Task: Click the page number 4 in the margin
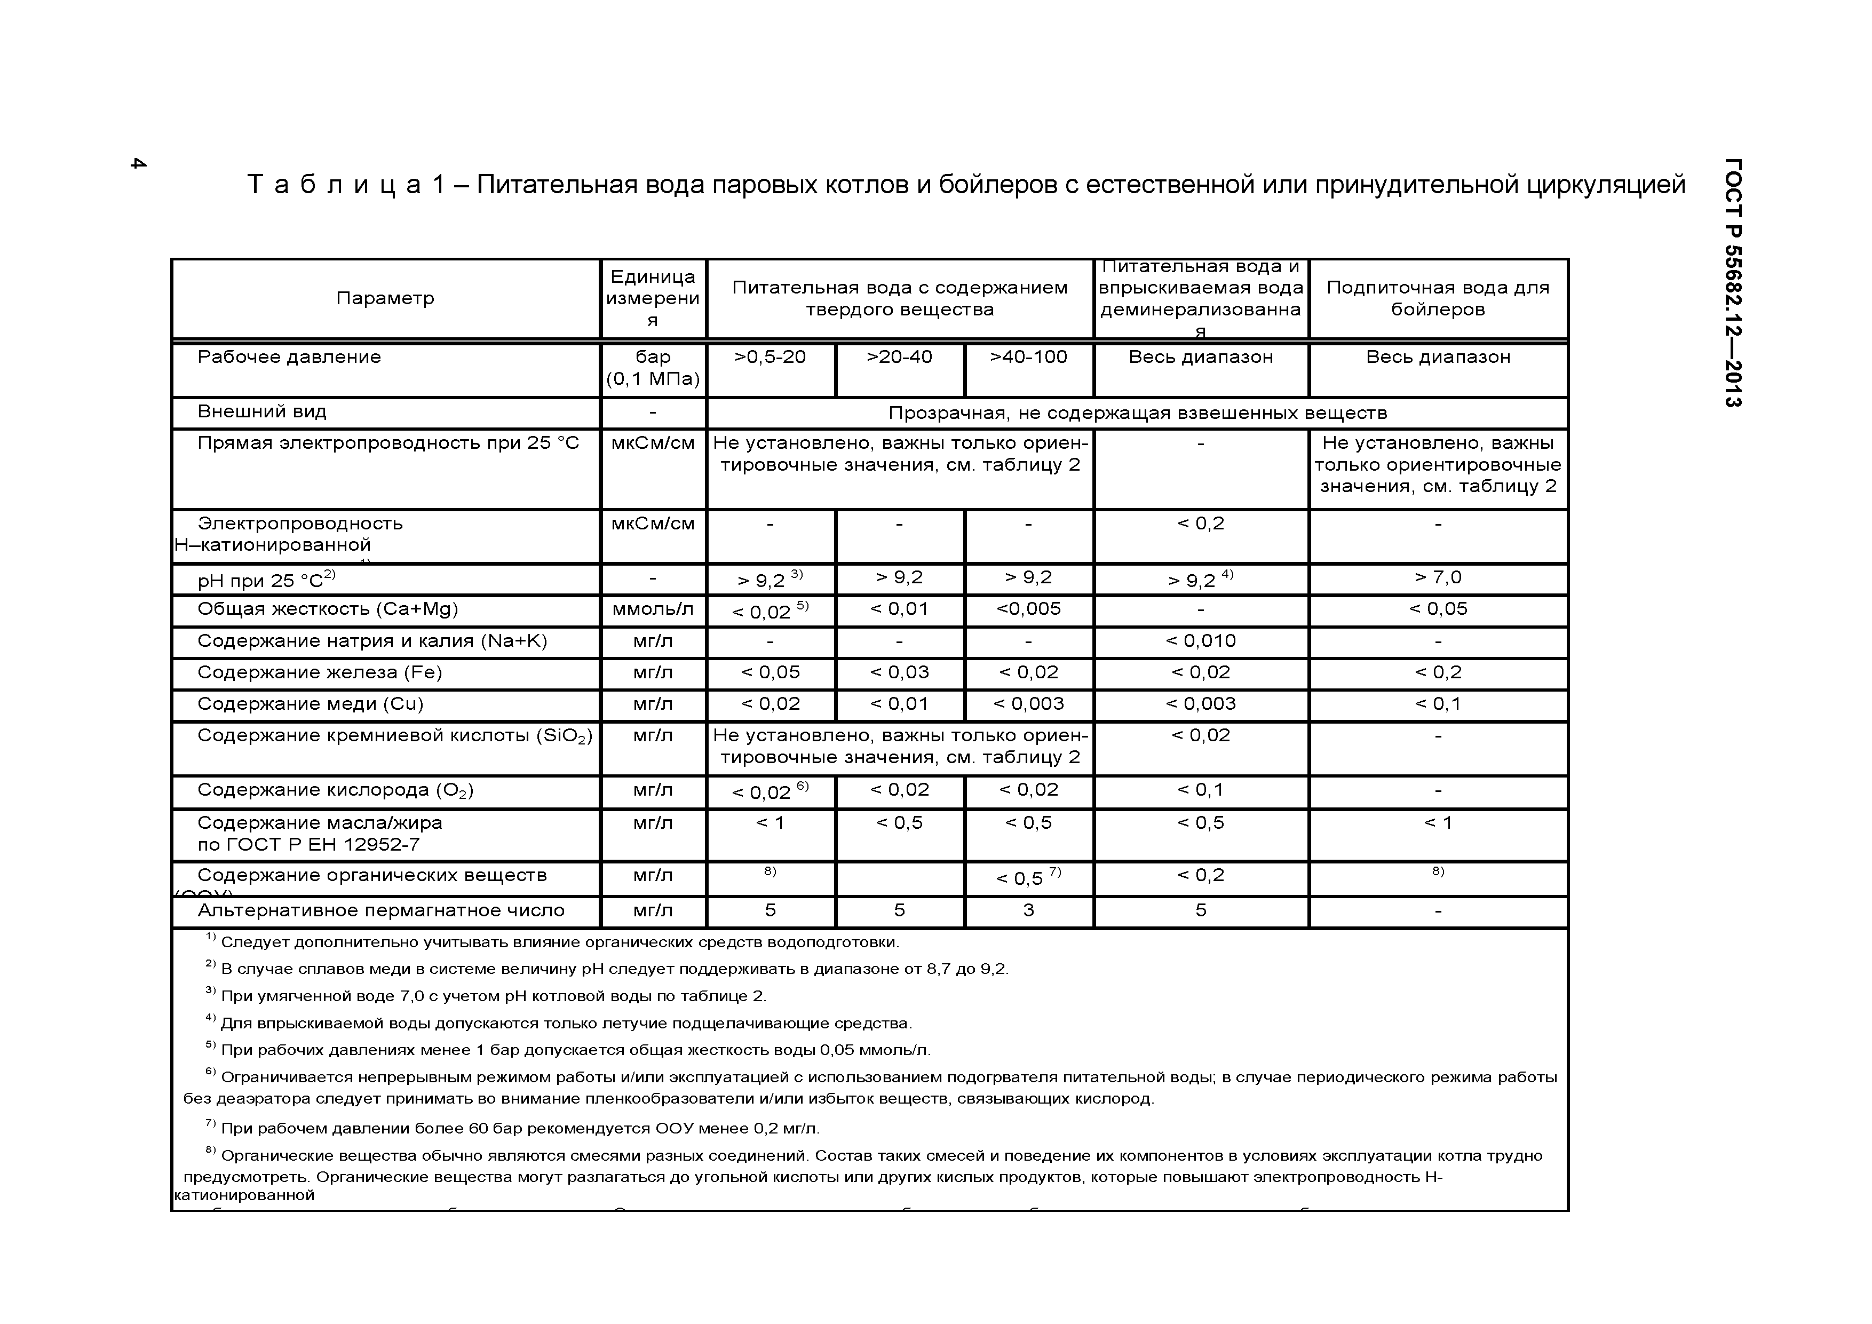138,163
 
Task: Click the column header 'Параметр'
385,298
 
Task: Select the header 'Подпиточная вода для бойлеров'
1438,298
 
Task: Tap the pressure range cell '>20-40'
899,357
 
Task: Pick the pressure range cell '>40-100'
1028,357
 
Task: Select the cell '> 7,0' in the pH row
1438,578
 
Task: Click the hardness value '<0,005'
1028,609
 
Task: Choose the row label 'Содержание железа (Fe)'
320,672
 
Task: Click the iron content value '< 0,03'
899,672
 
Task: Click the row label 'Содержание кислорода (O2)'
335,790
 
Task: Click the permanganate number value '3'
1028,910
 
